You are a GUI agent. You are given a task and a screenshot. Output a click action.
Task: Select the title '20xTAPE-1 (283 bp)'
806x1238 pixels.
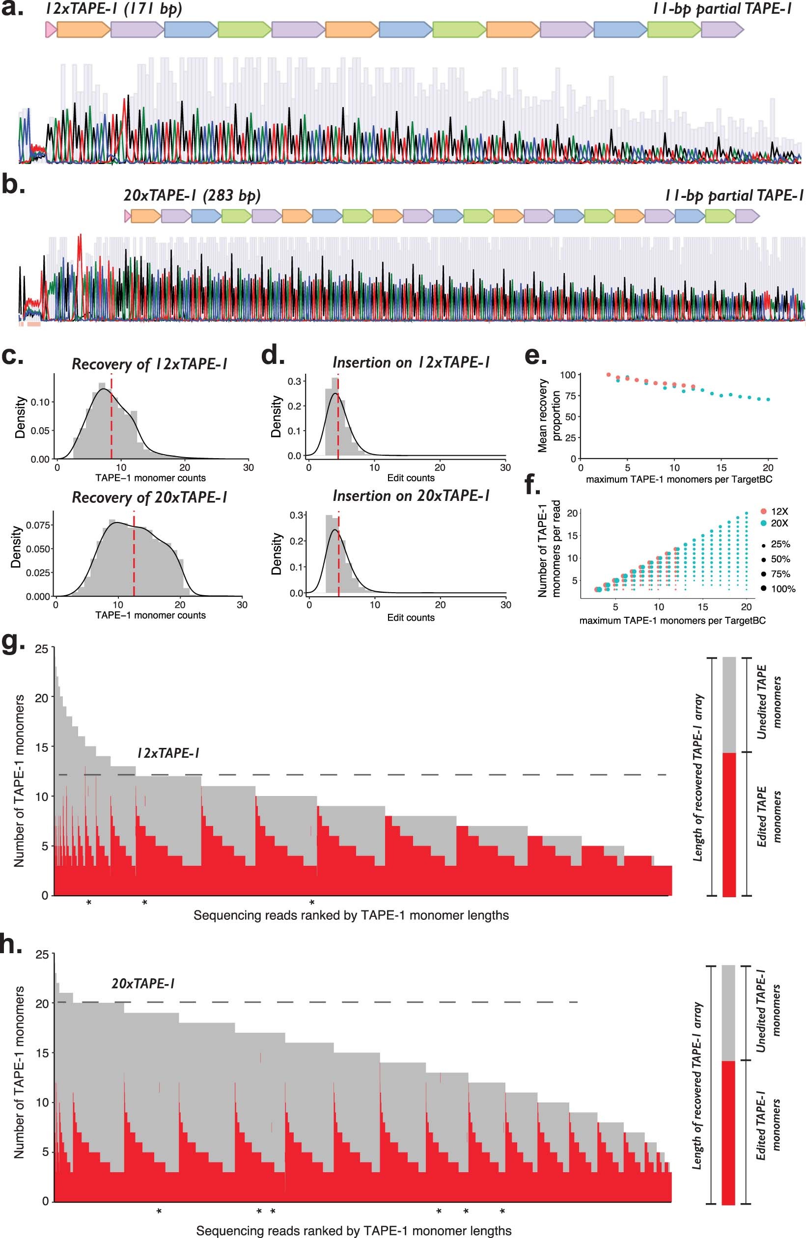tap(192, 195)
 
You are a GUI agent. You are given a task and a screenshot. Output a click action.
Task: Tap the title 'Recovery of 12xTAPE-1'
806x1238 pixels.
tap(149, 364)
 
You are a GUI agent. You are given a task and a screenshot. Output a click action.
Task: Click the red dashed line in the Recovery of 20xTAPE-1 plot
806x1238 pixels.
tap(134, 556)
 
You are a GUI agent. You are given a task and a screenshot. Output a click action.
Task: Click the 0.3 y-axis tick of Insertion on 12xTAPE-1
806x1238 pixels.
tap(295, 381)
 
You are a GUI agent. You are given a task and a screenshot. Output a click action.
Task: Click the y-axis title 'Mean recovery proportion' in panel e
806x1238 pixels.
tap(549, 415)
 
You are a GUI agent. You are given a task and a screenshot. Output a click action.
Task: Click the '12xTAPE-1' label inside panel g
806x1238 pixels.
tap(168, 753)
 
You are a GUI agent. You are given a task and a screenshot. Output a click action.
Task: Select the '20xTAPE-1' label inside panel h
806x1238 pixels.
tap(142, 983)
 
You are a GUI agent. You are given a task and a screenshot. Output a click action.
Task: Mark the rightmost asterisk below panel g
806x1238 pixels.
tap(312, 903)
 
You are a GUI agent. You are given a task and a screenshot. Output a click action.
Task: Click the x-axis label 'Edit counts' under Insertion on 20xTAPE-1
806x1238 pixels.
tap(411, 617)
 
